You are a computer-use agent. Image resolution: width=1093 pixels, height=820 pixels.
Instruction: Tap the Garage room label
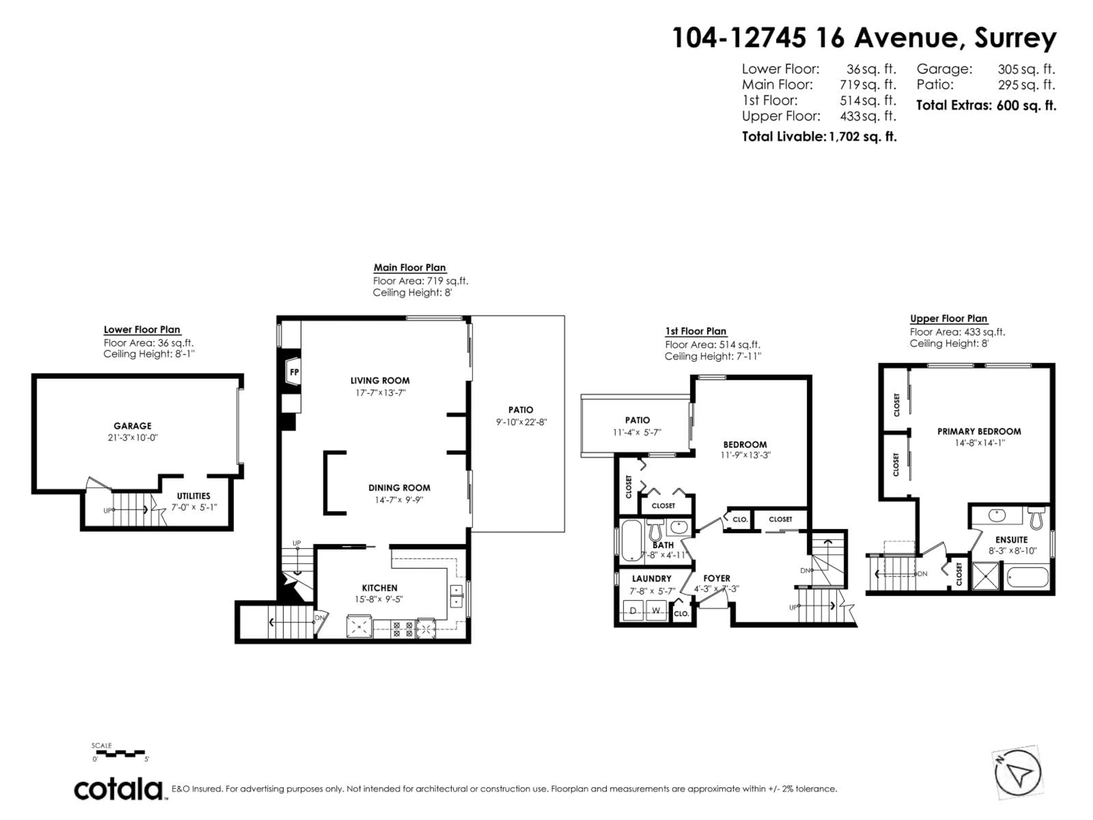click(x=132, y=426)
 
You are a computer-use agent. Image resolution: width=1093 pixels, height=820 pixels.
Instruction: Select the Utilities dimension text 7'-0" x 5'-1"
click(x=194, y=507)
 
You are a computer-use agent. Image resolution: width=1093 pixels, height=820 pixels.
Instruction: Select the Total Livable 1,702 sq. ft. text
click(x=819, y=136)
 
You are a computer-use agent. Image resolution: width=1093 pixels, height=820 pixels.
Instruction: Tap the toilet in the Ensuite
click(x=1036, y=518)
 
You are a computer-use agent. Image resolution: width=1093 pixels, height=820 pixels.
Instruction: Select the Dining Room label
click(x=399, y=487)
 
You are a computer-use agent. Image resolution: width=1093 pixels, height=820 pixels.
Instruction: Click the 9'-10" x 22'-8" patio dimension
click(x=521, y=422)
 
